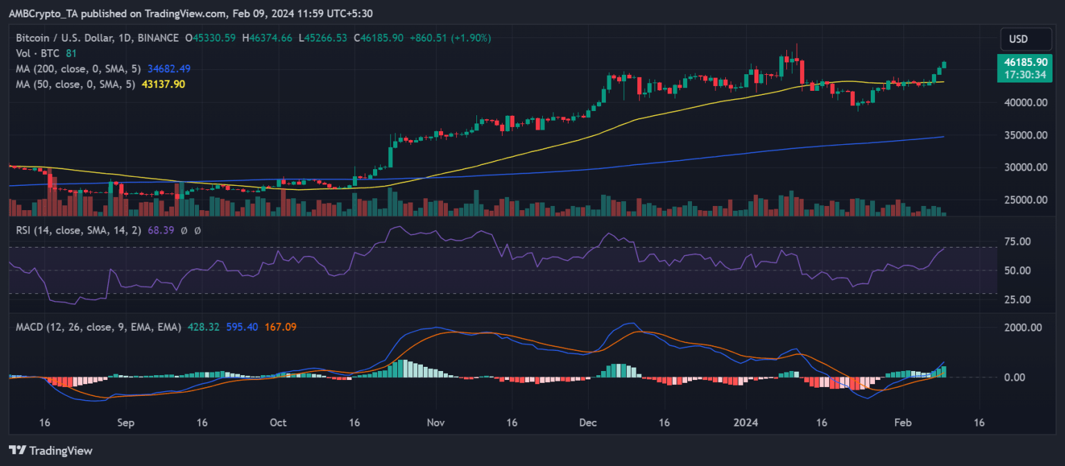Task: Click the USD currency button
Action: point(1017,39)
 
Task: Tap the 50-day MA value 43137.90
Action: point(165,83)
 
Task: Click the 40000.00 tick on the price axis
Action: point(1023,103)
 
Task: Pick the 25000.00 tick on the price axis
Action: point(1023,200)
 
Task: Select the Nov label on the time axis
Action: point(435,421)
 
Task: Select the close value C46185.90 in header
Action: point(386,39)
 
